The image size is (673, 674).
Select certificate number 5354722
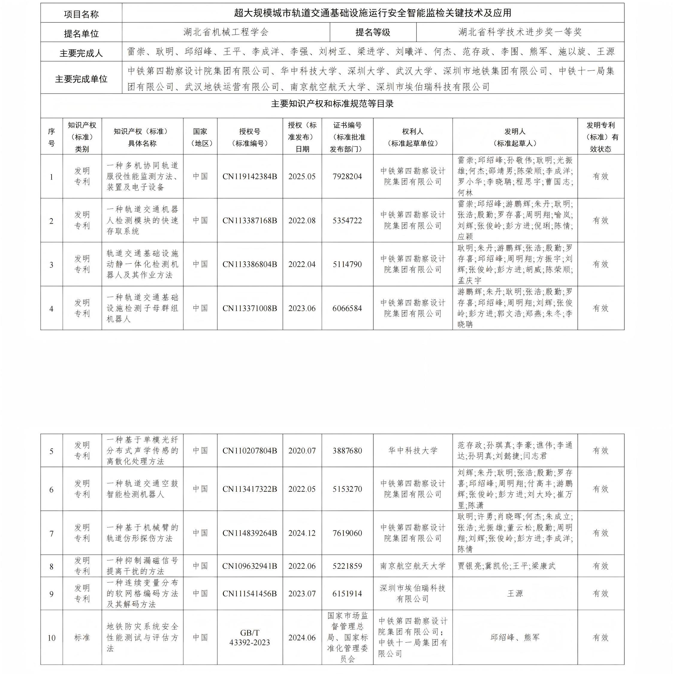[347, 221]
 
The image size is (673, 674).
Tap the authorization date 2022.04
[302, 264]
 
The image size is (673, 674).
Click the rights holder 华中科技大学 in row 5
[413, 451]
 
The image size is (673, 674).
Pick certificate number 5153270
[347, 489]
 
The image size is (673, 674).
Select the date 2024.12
[302, 533]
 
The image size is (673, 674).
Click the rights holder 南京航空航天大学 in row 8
[413, 566]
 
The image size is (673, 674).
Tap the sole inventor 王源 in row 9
[515, 593]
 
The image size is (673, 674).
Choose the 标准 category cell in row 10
[82, 638]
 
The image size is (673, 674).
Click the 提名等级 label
[373, 32]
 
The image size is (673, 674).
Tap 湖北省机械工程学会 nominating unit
[226, 32]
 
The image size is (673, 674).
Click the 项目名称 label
[81, 14]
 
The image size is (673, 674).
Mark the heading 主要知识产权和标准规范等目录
[332, 104]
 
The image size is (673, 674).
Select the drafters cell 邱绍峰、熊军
[515, 638]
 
